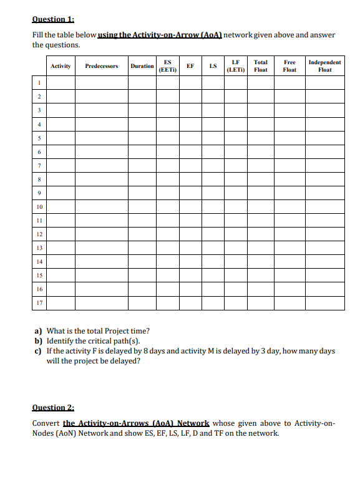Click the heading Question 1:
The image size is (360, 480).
pos(53,19)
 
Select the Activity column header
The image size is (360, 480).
pos(61,65)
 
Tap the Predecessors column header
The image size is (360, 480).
pos(101,65)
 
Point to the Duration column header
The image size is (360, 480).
pos(142,65)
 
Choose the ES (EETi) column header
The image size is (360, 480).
pos(168,65)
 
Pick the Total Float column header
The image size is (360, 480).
pos(261,65)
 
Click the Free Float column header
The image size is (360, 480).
pos(289,65)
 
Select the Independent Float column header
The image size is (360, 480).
pos(324,65)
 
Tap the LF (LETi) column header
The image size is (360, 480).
pos(235,65)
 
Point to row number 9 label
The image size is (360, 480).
pos(39,193)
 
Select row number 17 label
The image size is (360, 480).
pos(39,303)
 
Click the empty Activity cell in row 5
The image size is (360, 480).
pos(61,137)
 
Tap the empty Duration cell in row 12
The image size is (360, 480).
pos(142,234)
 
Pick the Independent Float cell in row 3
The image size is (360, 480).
pos(324,109)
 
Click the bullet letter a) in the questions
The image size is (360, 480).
pos(38,330)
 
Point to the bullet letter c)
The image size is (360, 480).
pos(38,351)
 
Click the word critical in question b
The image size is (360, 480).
pos(104,341)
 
